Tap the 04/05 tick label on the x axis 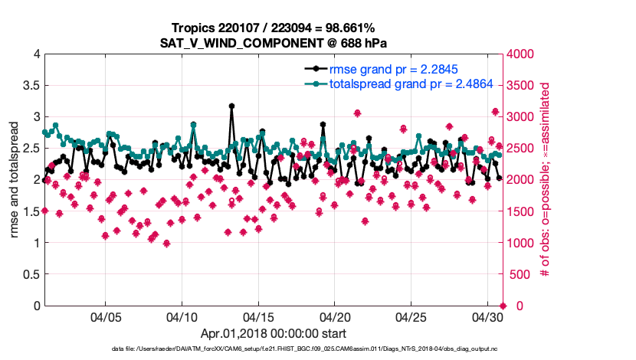point(106,316)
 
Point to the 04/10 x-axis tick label point(182,316)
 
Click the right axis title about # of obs point(546,180)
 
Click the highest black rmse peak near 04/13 point(231,106)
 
